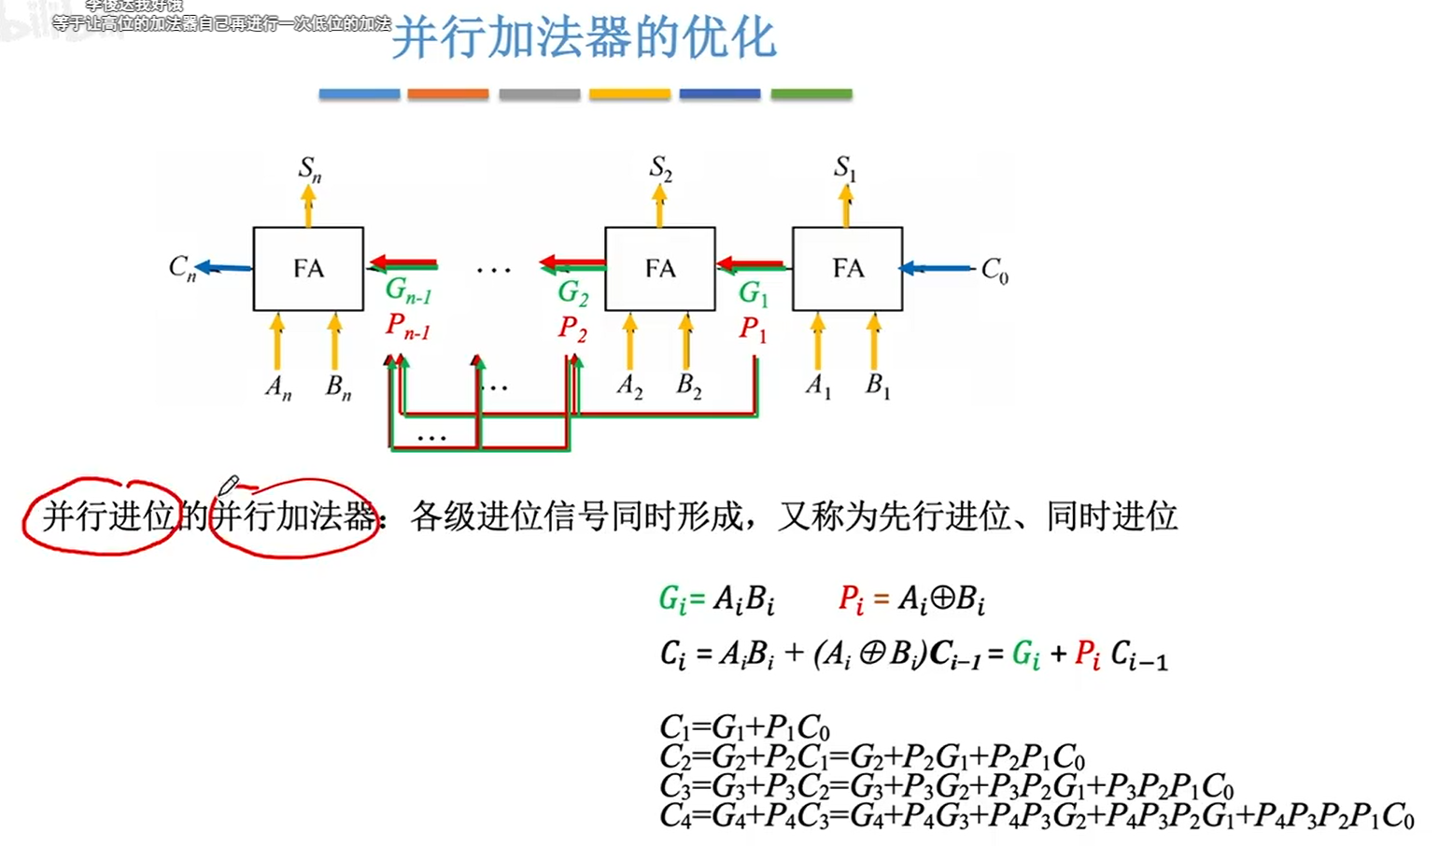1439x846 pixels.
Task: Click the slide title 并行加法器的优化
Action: pyautogui.click(x=584, y=39)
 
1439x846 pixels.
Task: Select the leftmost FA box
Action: pyautogui.click(x=308, y=269)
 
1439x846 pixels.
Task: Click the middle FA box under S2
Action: pyautogui.click(x=659, y=269)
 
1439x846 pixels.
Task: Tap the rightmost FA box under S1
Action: pyautogui.click(x=847, y=269)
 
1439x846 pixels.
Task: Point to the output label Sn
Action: pyautogui.click(x=309, y=169)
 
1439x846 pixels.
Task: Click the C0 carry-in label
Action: pyautogui.click(x=995, y=271)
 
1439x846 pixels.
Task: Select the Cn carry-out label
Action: pyautogui.click(x=182, y=268)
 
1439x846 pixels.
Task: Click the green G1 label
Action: pyautogui.click(x=753, y=294)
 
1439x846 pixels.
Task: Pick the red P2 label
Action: pyautogui.click(x=572, y=329)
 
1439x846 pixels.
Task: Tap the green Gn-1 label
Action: pyautogui.click(x=408, y=291)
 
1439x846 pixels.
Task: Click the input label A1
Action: pyautogui.click(x=819, y=385)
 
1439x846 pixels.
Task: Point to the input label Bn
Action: pyautogui.click(x=338, y=387)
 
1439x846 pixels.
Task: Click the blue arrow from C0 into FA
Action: pyautogui.click(x=936, y=269)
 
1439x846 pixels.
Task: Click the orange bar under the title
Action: pyautogui.click(x=448, y=94)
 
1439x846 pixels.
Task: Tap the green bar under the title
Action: pyautogui.click(x=811, y=94)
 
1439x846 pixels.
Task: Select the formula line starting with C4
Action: pyautogui.click(x=1037, y=816)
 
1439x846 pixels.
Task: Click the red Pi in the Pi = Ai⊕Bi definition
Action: pyautogui.click(x=851, y=599)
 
